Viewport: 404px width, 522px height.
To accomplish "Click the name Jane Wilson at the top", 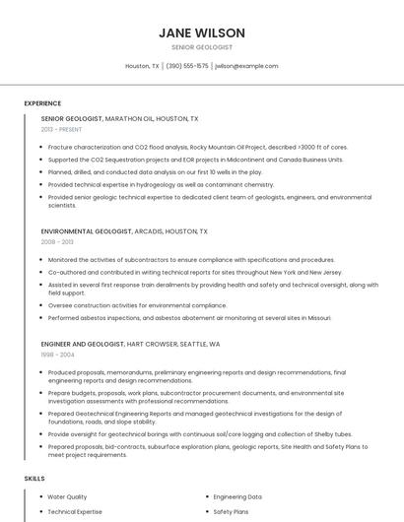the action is (202, 33).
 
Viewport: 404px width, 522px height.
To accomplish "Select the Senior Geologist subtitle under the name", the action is (202, 47).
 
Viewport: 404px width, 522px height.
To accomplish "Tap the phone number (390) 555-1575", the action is (187, 66).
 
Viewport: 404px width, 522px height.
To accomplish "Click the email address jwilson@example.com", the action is (246, 66).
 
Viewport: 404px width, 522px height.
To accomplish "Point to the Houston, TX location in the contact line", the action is (142, 66).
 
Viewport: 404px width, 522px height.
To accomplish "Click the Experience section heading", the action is (42, 102).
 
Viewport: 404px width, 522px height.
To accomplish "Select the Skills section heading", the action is (34, 478).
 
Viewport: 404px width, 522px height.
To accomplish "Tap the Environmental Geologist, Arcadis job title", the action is (124, 231).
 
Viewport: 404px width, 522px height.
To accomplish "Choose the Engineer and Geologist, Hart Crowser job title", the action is (130, 345).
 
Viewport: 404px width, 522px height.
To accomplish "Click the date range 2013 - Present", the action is (62, 129).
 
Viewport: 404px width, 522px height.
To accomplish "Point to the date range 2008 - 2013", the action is (57, 242).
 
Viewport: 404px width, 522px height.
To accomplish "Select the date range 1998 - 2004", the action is (57, 356).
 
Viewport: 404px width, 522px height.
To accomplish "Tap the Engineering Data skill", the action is (237, 497).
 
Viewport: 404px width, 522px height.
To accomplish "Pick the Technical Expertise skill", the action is (75, 512).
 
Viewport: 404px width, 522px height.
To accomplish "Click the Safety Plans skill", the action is (231, 512).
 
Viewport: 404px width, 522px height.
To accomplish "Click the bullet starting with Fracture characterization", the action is (197, 147).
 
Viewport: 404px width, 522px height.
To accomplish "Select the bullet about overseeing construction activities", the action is (137, 305).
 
